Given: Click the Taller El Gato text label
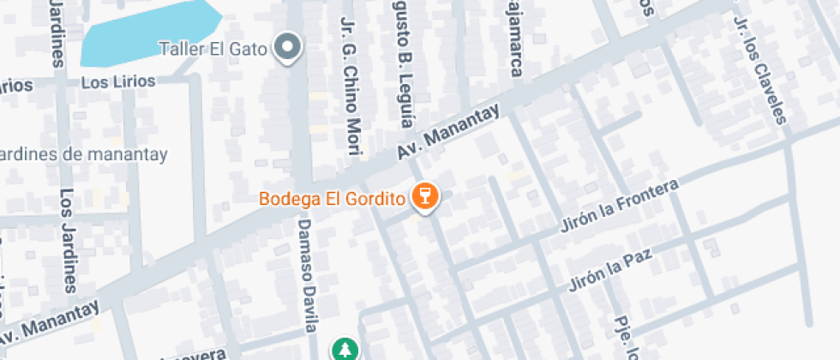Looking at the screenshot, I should pyautogui.click(x=213, y=48).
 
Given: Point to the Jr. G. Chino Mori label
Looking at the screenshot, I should pyautogui.click(x=349, y=86).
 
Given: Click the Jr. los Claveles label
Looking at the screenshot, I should pyautogui.click(x=759, y=69).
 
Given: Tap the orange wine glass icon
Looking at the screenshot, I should pyautogui.click(x=424, y=197).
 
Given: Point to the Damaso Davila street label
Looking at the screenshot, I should pyautogui.click(x=308, y=272).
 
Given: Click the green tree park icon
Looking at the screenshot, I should pyautogui.click(x=345, y=349).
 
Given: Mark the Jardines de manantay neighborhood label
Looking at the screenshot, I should pyautogui.click(x=84, y=154).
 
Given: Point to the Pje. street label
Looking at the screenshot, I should pyautogui.click(x=623, y=339).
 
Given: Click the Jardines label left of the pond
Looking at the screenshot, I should pyautogui.click(x=57, y=33).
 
